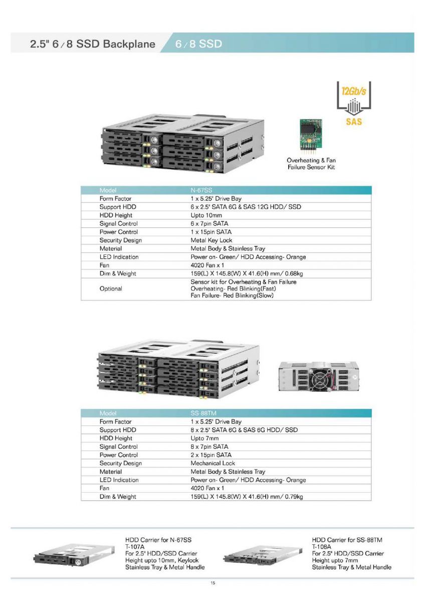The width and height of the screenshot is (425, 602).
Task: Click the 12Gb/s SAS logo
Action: (x=354, y=103)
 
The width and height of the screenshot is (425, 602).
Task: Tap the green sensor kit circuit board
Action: (x=311, y=134)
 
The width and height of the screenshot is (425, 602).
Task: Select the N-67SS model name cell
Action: (x=201, y=190)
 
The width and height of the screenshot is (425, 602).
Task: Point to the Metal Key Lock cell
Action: (x=211, y=240)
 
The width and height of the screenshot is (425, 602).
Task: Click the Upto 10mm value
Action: (x=206, y=215)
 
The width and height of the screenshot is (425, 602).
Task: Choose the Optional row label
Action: (x=111, y=288)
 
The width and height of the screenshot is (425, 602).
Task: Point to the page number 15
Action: (x=212, y=583)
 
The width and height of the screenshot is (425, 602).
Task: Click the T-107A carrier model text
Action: (x=135, y=547)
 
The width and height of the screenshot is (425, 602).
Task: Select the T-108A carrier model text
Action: (x=322, y=547)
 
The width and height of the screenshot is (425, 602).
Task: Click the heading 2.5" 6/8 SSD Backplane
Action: (x=93, y=44)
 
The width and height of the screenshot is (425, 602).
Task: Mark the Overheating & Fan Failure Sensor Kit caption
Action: (x=311, y=164)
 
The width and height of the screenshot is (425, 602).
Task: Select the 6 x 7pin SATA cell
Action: (x=209, y=224)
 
